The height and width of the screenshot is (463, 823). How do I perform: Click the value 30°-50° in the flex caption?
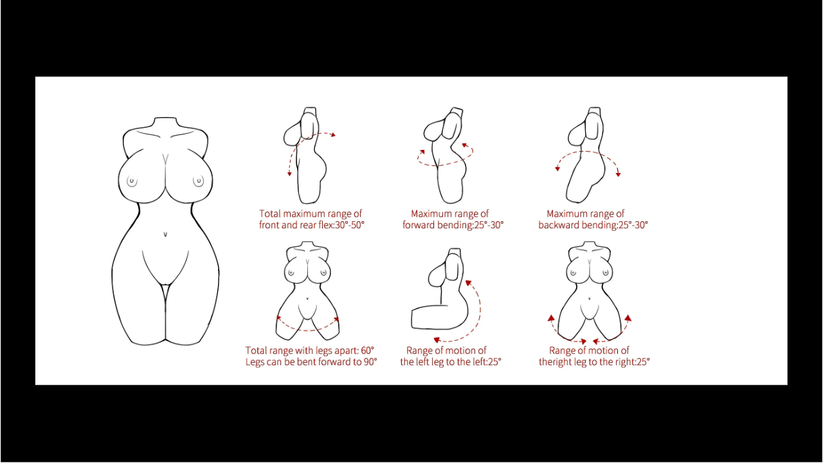pyautogui.click(x=349, y=225)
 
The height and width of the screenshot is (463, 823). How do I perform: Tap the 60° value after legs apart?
pyautogui.click(x=367, y=350)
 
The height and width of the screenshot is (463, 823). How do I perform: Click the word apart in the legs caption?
pyautogui.click(x=343, y=351)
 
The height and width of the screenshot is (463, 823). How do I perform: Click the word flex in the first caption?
pyautogui.click(x=324, y=225)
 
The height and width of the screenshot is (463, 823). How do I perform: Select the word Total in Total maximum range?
pyautogui.click(x=269, y=213)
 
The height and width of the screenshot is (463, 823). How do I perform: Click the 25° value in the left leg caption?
pyautogui.click(x=494, y=362)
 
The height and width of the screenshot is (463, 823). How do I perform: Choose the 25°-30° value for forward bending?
pyautogui.click(x=489, y=225)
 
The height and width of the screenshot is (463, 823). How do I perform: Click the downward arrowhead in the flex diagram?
pyautogui.click(x=289, y=173)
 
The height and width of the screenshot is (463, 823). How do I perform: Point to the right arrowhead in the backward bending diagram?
pyautogui.click(x=619, y=174)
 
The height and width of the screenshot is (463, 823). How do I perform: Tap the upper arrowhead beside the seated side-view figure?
pyautogui.click(x=468, y=282)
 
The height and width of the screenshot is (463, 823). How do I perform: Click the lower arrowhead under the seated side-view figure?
pyautogui.click(x=437, y=340)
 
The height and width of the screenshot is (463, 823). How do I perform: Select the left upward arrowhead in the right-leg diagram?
pyautogui.click(x=551, y=318)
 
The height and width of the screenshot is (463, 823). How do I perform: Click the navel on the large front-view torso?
pyautogui.click(x=165, y=233)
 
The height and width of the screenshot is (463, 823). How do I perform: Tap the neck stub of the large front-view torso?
pyautogui.click(x=166, y=122)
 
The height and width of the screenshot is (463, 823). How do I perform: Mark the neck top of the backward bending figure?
pyautogui.click(x=595, y=108)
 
